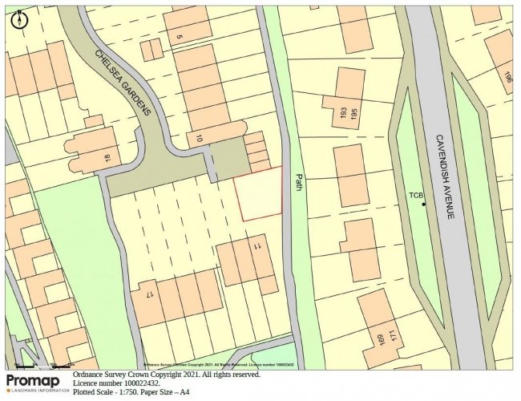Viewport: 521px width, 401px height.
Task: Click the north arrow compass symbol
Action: click(x=18, y=19)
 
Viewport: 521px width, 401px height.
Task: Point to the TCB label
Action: click(x=415, y=195)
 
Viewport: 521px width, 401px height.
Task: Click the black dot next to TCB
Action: click(x=424, y=204)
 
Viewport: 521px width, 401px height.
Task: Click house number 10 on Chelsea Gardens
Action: click(x=198, y=137)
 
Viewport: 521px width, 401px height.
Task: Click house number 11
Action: click(x=258, y=245)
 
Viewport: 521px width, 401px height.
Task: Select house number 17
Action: click(x=149, y=294)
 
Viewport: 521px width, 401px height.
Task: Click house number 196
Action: click(x=507, y=76)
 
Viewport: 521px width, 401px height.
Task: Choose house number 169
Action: click(x=378, y=340)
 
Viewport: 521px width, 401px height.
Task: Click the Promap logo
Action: click(x=36, y=384)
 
